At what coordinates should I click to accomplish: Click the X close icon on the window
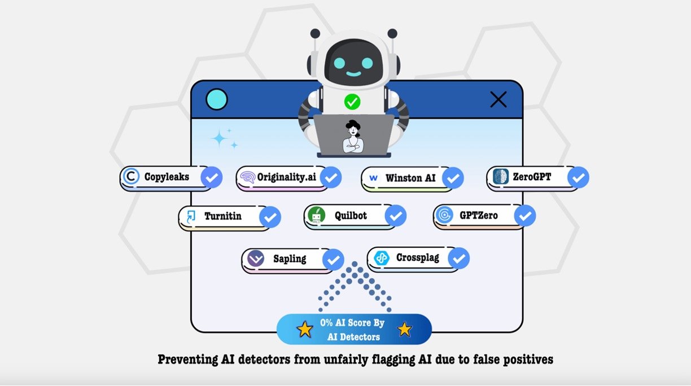(498, 100)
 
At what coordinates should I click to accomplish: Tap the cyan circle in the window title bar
(217, 100)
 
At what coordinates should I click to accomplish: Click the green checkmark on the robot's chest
(352, 102)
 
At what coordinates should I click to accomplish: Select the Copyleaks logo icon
(131, 177)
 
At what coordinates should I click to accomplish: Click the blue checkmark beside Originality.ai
(331, 178)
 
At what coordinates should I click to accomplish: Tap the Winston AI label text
(410, 178)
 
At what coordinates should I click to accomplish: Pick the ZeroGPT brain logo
(500, 177)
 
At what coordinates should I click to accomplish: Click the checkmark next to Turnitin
(270, 217)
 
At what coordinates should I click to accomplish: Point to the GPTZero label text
(479, 216)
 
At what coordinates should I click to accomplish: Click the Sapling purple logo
(256, 259)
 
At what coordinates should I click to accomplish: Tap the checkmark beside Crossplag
(459, 258)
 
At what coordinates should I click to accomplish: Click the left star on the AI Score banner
(305, 330)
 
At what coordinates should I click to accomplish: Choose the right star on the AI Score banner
(405, 330)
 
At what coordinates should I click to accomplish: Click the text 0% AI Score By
(352, 323)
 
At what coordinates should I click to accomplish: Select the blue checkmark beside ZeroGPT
(578, 178)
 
